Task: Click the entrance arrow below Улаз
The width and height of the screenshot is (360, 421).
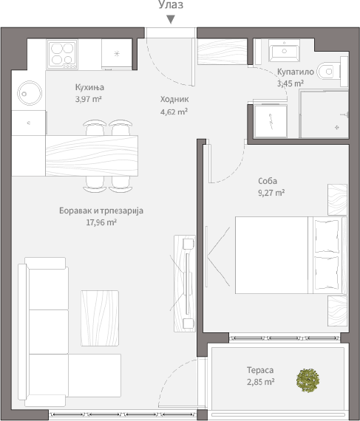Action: [x=171, y=19]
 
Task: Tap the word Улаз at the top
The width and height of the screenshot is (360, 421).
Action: [x=171, y=4]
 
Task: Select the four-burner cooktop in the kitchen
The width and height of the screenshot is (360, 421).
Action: [x=62, y=55]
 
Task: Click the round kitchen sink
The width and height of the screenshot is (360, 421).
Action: [x=30, y=93]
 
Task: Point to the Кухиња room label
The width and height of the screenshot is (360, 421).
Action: [x=89, y=88]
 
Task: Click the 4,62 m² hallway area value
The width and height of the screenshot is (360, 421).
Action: [x=174, y=112]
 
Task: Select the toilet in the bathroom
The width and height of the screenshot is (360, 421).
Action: [x=328, y=72]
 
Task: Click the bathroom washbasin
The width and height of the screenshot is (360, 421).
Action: [x=284, y=50]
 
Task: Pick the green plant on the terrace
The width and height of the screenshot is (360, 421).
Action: [x=308, y=380]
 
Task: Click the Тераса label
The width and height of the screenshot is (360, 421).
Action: [x=260, y=370]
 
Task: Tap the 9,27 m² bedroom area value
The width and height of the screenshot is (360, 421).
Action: [x=271, y=193]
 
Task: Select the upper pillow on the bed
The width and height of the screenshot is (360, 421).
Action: [x=327, y=236]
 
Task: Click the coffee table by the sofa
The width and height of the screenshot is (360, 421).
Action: [x=100, y=318]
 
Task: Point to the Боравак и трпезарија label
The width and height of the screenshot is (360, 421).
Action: [x=101, y=210]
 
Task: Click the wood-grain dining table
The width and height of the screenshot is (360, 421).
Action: [x=92, y=156]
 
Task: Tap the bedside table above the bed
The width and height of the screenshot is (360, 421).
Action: [x=337, y=199]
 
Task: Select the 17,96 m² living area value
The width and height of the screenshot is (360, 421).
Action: [x=101, y=222]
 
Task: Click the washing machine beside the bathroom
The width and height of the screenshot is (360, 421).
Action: [x=271, y=121]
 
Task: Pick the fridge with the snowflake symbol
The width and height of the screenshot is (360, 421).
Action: [x=117, y=55]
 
